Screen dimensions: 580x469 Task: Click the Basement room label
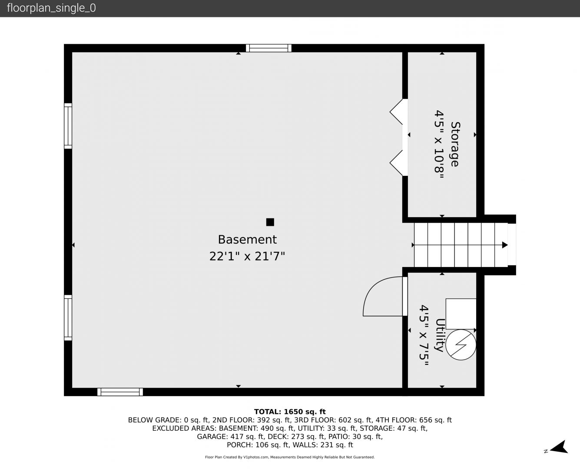coord(247,240)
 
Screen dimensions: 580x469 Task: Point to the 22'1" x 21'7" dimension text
coord(247,256)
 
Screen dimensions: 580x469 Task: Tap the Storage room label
coord(455,144)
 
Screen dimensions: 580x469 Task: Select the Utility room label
coord(440,335)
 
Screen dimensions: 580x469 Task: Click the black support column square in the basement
coord(270,222)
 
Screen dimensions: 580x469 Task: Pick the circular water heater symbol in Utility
coord(461,345)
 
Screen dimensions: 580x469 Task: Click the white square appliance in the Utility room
coord(461,314)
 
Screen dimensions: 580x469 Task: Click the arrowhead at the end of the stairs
coord(504,245)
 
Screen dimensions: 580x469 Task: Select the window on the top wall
coord(268,48)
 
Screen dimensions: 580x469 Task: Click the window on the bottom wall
coord(120,392)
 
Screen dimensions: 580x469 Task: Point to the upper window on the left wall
coord(68,126)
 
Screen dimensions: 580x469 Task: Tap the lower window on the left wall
coord(68,317)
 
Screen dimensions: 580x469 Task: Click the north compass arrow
coord(559,447)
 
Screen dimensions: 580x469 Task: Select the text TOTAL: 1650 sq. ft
coord(290,412)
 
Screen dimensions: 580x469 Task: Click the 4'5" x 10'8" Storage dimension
coord(439,144)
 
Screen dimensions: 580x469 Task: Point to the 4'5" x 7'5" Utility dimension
coord(424,335)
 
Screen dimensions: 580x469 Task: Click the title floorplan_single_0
coord(51,8)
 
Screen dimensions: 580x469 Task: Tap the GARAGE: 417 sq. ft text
coord(230,436)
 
